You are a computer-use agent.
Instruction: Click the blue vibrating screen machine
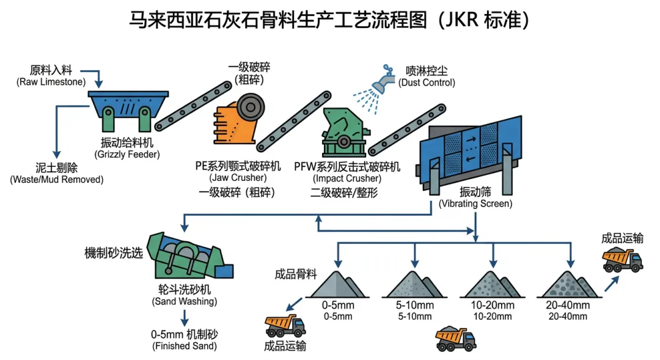[x=471, y=150]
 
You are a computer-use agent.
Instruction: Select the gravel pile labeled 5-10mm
[x=414, y=284]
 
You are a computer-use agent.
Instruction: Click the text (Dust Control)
[x=426, y=83]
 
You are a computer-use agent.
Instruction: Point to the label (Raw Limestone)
[x=51, y=82]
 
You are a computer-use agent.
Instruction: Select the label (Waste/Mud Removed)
[x=56, y=180]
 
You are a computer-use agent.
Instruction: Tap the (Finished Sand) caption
[x=183, y=347]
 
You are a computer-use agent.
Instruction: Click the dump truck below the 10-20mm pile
[x=456, y=338]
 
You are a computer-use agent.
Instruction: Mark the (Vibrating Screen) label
[x=475, y=204]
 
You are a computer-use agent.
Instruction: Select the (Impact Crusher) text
[x=346, y=178]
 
